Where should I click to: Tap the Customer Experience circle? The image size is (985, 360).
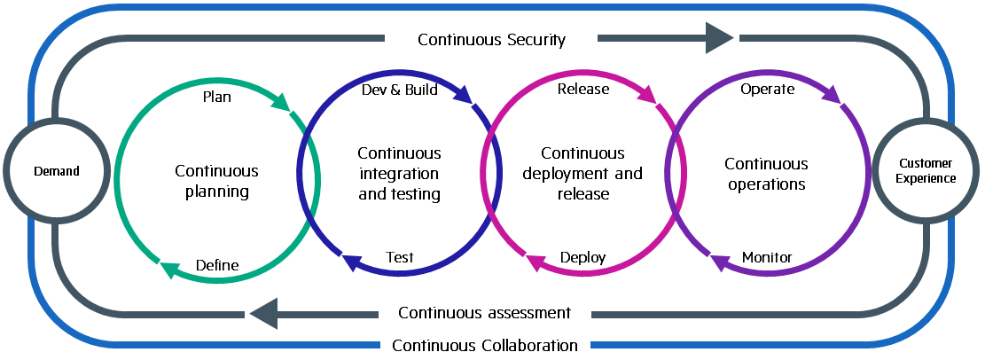(x=927, y=171)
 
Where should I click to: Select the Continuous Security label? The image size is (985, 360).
(x=491, y=39)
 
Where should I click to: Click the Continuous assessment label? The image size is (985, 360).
(x=484, y=313)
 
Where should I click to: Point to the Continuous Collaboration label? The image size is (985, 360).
(x=484, y=345)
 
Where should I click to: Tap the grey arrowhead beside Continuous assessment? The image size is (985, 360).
(x=264, y=313)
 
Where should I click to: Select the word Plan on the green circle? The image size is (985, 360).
(x=217, y=97)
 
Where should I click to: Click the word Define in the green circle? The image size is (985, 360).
(x=217, y=265)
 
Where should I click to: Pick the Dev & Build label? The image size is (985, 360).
(x=400, y=90)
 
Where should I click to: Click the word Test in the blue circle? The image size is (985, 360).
(x=400, y=258)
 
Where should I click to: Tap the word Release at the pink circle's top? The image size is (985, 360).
(x=583, y=89)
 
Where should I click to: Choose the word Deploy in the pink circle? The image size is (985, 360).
(x=583, y=258)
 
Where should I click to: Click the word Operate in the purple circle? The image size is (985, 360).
(x=767, y=89)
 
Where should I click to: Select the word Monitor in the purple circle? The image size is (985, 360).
(x=767, y=258)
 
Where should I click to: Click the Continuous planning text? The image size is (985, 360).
(x=217, y=180)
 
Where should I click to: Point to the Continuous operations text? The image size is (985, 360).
(x=766, y=174)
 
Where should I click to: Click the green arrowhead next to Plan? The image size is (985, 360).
(x=281, y=104)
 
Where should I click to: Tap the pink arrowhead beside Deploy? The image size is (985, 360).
(x=535, y=261)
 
